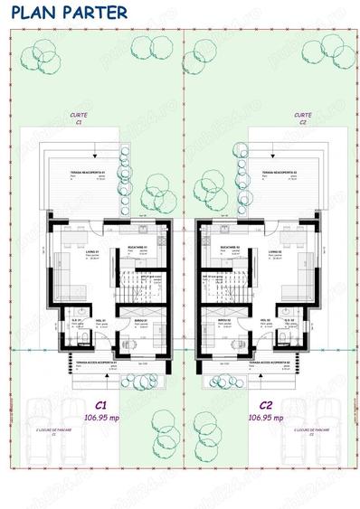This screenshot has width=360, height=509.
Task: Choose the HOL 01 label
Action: [99, 320]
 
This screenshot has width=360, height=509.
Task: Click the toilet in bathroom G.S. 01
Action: [80, 340]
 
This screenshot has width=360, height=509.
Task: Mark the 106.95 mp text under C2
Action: [265, 418]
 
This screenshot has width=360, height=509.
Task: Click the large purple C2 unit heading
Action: [265, 405]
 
